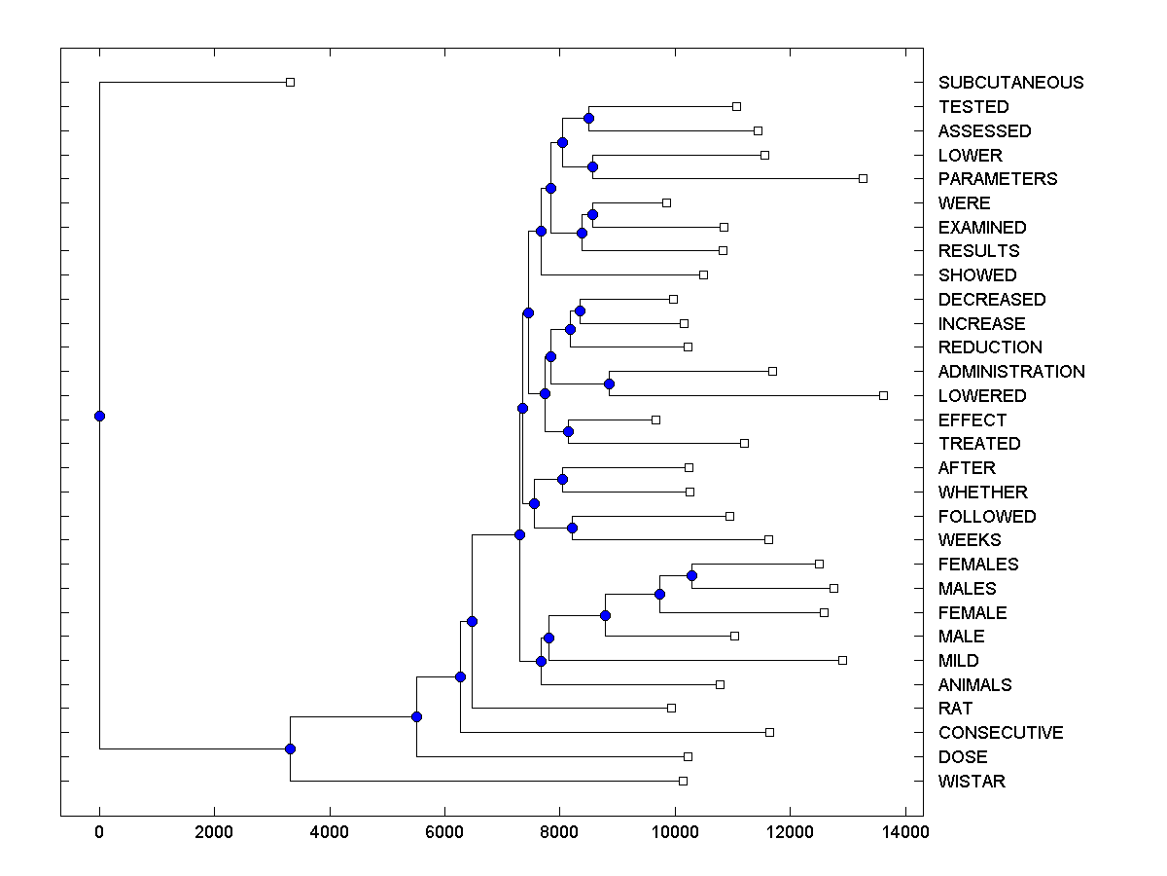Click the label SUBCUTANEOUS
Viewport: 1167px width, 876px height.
tap(1010, 83)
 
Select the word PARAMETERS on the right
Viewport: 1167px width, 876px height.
tap(998, 179)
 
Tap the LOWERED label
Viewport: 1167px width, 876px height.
tap(982, 396)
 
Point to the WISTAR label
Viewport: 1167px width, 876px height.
tap(972, 782)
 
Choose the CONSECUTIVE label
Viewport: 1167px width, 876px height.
tap(1001, 733)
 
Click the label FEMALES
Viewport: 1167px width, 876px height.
tap(978, 565)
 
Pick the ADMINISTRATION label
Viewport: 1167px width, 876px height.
tap(1011, 372)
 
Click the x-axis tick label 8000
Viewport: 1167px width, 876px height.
tap(559, 832)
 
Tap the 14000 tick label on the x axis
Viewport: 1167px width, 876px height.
tap(904, 832)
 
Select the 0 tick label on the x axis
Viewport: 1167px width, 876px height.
tap(99, 832)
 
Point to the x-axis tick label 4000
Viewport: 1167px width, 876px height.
tap(330, 832)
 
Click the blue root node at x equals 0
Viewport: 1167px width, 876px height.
tap(99, 416)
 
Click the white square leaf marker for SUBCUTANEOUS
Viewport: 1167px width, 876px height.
tap(290, 82)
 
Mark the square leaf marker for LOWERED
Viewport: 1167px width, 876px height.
tap(883, 395)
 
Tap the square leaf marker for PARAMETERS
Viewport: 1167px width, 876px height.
tap(863, 178)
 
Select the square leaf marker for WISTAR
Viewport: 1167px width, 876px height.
tap(683, 781)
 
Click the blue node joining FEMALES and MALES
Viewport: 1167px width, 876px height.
tap(691, 575)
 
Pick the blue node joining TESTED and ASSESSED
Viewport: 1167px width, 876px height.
tap(588, 118)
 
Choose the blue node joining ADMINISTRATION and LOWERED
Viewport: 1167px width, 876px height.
tap(609, 383)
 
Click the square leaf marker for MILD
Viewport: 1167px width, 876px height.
tap(842, 660)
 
